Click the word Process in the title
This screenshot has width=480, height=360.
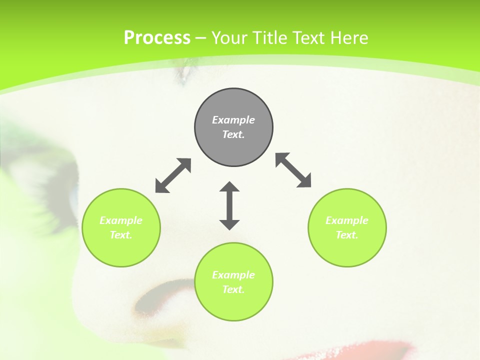(157, 38)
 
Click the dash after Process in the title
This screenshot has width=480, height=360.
(201, 38)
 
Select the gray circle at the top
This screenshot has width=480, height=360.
(233, 127)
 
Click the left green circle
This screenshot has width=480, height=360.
(121, 227)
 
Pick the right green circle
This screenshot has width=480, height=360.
(347, 227)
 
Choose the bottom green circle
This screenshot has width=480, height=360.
(233, 281)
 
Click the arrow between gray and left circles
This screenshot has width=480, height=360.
(173, 175)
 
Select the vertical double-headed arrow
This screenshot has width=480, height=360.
(229, 205)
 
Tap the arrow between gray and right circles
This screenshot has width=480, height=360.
(293, 170)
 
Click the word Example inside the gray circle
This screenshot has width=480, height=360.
(233, 120)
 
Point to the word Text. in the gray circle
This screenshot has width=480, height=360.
(233, 134)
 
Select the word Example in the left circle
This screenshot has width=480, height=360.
(121, 220)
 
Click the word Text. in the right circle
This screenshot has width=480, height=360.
(347, 235)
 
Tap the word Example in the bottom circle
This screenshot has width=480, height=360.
(233, 275)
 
